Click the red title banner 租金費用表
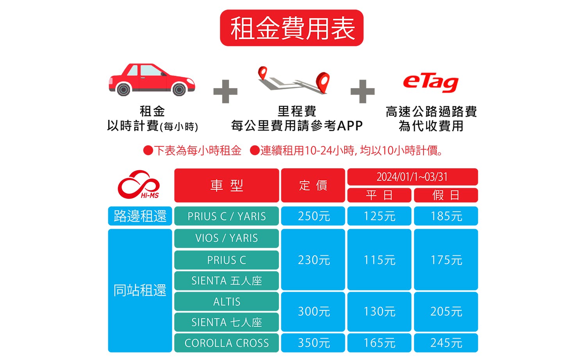point(291,28)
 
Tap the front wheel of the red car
point(179,89)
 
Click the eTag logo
point(431,83)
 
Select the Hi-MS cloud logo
point(139,184)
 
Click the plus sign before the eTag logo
point(363,91)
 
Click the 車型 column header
point(227,185)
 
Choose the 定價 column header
point(313,185)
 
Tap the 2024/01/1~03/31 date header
point(413,177)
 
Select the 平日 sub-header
point(379,195)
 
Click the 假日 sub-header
point(446,195)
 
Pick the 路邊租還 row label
point(140,216)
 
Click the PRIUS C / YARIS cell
point(227,216)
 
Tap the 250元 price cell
point(313,216)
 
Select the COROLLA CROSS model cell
point(227,343)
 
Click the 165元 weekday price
point(379,343)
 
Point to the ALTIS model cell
point(227,301)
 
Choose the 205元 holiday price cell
point(446,312)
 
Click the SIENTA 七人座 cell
point(227,322)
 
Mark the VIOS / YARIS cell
point(227,238)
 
